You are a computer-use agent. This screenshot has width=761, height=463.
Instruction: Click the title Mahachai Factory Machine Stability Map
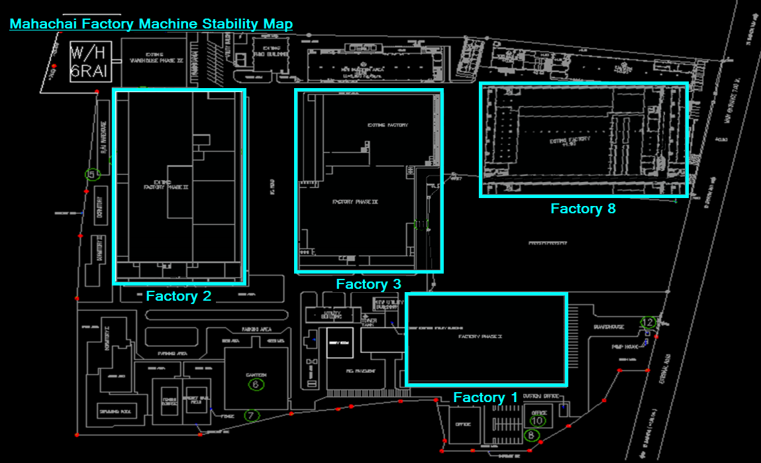pos(151,24)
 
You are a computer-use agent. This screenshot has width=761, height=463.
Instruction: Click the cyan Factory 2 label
pos(179,296)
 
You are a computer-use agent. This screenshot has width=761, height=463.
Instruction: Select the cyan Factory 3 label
pos(368,284)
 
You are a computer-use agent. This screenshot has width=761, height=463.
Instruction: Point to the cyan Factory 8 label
pos(583,209)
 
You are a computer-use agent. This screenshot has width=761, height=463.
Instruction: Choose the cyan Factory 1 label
pos(485,397)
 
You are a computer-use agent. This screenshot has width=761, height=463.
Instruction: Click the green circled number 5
pos(92,175)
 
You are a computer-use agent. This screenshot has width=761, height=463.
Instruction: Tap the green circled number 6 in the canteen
pos(256,384)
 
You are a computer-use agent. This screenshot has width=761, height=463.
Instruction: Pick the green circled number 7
pos(251,416)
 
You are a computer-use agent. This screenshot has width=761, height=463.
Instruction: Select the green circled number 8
pos(531,436)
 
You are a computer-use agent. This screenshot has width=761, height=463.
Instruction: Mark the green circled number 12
pos(648,323)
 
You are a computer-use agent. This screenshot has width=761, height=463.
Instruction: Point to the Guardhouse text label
pos(609,327)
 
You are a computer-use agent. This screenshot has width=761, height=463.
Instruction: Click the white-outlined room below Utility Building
pos(340,342)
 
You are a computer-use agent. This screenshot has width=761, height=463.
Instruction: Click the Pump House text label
pos(624,346)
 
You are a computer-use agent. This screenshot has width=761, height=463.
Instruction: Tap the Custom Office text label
pos(536,395)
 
